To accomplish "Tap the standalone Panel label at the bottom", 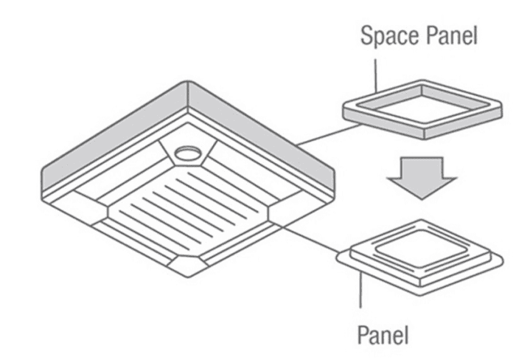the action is click(x=383, y=335).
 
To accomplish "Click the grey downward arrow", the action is click(x=422, y=178).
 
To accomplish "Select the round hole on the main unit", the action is click(x=187, y=153).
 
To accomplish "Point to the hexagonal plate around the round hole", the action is click(x=188, y=153).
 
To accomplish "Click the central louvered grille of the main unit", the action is click(x=188, y=210).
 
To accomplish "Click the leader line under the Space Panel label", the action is click(x=375, y=76).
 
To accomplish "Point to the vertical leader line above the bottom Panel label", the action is click(x=360, y=291).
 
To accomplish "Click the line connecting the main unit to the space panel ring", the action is click(x=329, y=134).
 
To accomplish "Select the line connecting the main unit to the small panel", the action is click(x=311, y=240).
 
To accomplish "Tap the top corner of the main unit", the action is click(x=187, y=81).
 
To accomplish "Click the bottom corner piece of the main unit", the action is click(x=187, y=265).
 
